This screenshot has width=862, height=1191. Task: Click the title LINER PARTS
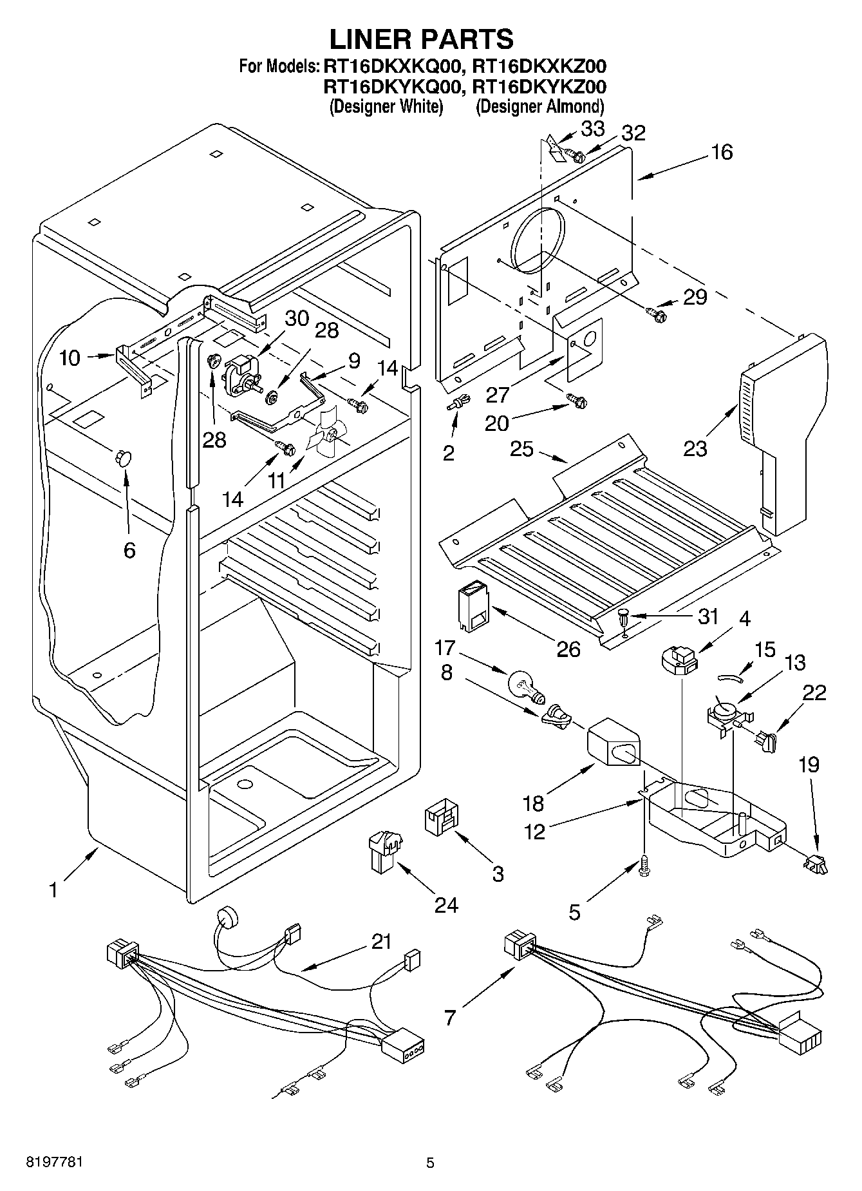point(422,39)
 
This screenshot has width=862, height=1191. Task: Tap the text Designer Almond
point(539,106)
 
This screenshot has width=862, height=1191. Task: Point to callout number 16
point(722,152)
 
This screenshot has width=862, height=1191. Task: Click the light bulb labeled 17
point(526,685)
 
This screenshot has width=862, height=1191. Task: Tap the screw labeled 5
point(644,867)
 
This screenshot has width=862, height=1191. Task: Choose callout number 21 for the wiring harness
point(381,942)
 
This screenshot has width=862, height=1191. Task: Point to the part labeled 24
point(384,850)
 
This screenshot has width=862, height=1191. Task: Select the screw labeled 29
point(657,314)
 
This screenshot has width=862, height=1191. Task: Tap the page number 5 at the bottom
point(430,1163)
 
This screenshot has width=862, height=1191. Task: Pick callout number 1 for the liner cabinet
point(54,890)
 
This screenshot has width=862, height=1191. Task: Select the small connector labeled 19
point(814,862)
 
